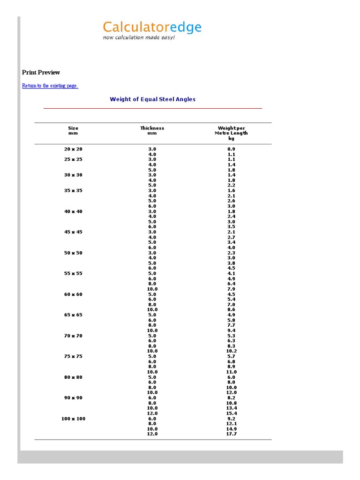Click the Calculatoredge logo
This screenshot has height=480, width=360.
point(152,28)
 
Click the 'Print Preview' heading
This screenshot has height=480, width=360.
point(41,72)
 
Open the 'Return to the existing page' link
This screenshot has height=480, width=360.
point(50,86)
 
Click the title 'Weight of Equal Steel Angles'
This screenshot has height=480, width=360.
point(152,99)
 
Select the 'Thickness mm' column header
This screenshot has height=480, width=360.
point(152,130)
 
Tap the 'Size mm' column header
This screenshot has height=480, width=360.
point(73,130)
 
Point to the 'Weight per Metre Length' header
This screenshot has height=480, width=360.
point(231,131)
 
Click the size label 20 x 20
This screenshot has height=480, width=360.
point(73,149)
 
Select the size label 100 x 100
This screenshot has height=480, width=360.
point(73,419)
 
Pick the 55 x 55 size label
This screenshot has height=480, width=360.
point(73,273)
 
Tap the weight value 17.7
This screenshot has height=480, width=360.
point(231,434)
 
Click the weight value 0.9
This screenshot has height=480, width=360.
point(231,149)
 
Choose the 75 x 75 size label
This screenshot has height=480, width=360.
point(73,356)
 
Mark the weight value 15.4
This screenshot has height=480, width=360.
point(231,413)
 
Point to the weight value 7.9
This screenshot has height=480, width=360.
point(231,289)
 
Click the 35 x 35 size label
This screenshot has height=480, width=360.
point(73,191)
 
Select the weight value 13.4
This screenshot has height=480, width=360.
point(231,408)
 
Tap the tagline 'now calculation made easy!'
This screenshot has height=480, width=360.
point(139,37)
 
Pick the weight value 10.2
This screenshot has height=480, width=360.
point(231,351)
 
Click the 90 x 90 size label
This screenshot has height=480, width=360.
point(73,398)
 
